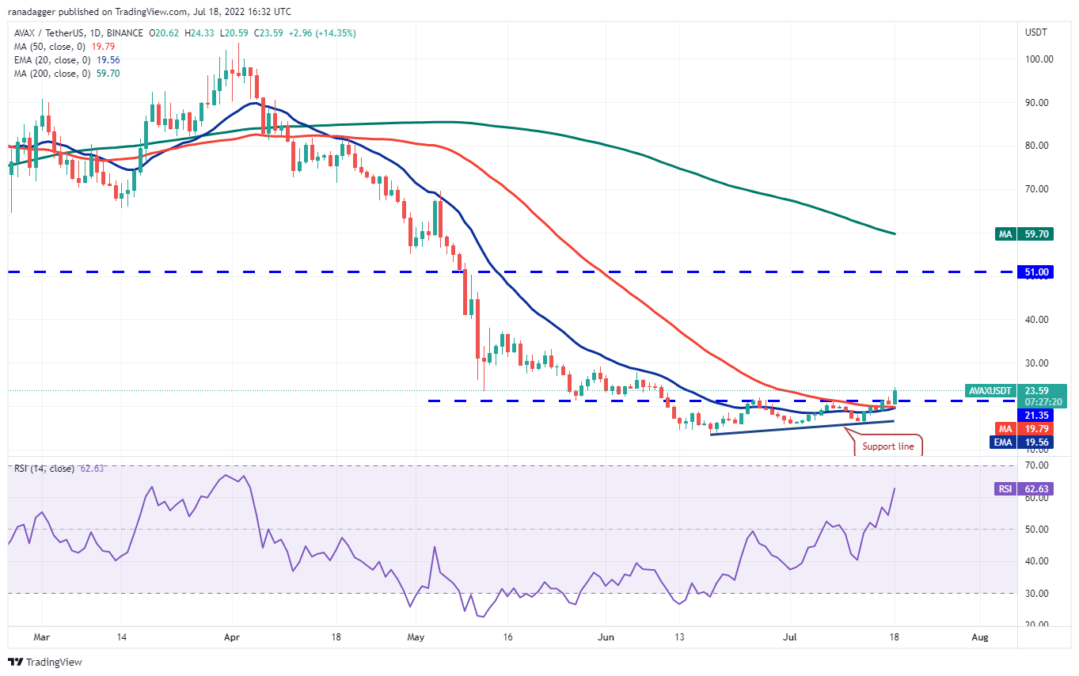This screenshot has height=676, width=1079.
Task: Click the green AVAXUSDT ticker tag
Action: [x=990, y=390]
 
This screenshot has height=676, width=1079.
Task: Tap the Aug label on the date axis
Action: [x=980, y=636]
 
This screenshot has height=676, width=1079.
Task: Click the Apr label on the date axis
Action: [x=231, y=636]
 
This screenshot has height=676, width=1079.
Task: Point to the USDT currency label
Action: [x=1035, y=32]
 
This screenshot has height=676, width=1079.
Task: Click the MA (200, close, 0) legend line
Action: [x=55, y=74]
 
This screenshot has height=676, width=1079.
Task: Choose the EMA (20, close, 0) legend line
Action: [x=55, y=59]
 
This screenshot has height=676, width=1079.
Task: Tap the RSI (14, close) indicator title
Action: [x=44, y=469]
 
